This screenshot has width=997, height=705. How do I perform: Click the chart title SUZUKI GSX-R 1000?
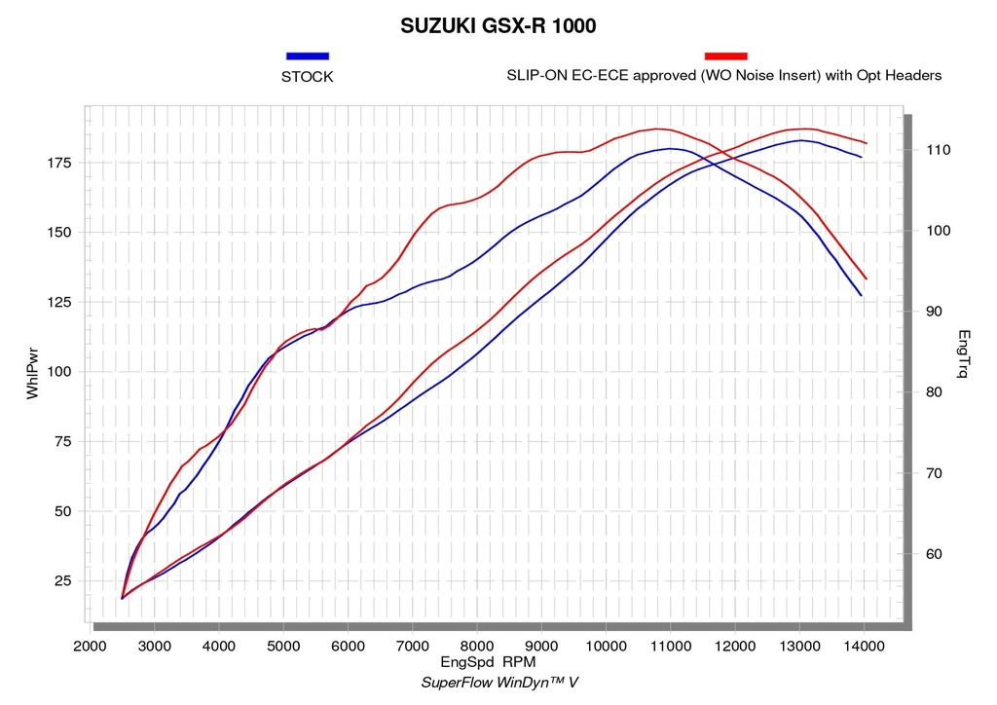pos(498,26)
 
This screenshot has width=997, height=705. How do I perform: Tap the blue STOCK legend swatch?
pos(308,56)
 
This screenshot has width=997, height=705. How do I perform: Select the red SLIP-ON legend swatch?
pos(726,56)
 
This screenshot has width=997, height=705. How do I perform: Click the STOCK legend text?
pos(307,77)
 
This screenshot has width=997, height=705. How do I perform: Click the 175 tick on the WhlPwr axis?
pos(59,163)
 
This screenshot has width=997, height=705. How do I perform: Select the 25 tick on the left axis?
pos(63,581)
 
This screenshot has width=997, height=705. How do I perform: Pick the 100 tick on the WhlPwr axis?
pos(59,372)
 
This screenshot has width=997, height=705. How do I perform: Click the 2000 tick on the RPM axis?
pos(91,647)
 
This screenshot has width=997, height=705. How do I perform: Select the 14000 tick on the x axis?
pos(864,647)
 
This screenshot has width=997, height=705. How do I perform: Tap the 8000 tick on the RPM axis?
pos(477,647)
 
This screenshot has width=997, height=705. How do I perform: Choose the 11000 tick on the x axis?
pos(670,647)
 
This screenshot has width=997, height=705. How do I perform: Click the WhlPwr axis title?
pos(32,373)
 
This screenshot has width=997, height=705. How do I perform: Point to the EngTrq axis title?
pos(963,354)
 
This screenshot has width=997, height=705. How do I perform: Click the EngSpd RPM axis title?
pos(488,662)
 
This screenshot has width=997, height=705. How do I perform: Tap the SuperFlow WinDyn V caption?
pos(499,683)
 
